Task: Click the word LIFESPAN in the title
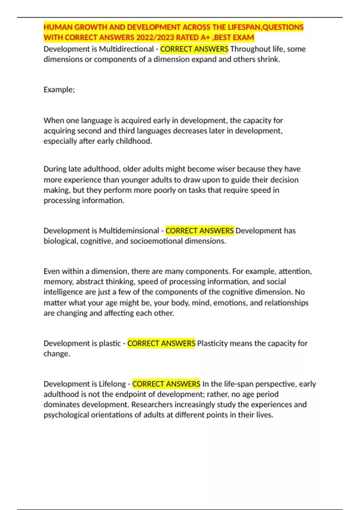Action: [x=244, y=27]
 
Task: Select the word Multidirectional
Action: [x=126, y=49]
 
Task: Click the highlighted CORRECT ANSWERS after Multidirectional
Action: [x=194, y=49]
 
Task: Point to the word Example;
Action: [x=59, y=90]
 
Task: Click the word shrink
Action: [x=269, y=59]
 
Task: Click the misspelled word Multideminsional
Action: [x=129, y=231]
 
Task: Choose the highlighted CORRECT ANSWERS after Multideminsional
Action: [x=199, y=231]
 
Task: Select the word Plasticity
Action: [x=212, y=343]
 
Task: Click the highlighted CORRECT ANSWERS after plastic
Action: [x=161, y=343]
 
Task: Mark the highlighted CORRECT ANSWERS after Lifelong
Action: [x=166, y=384]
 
